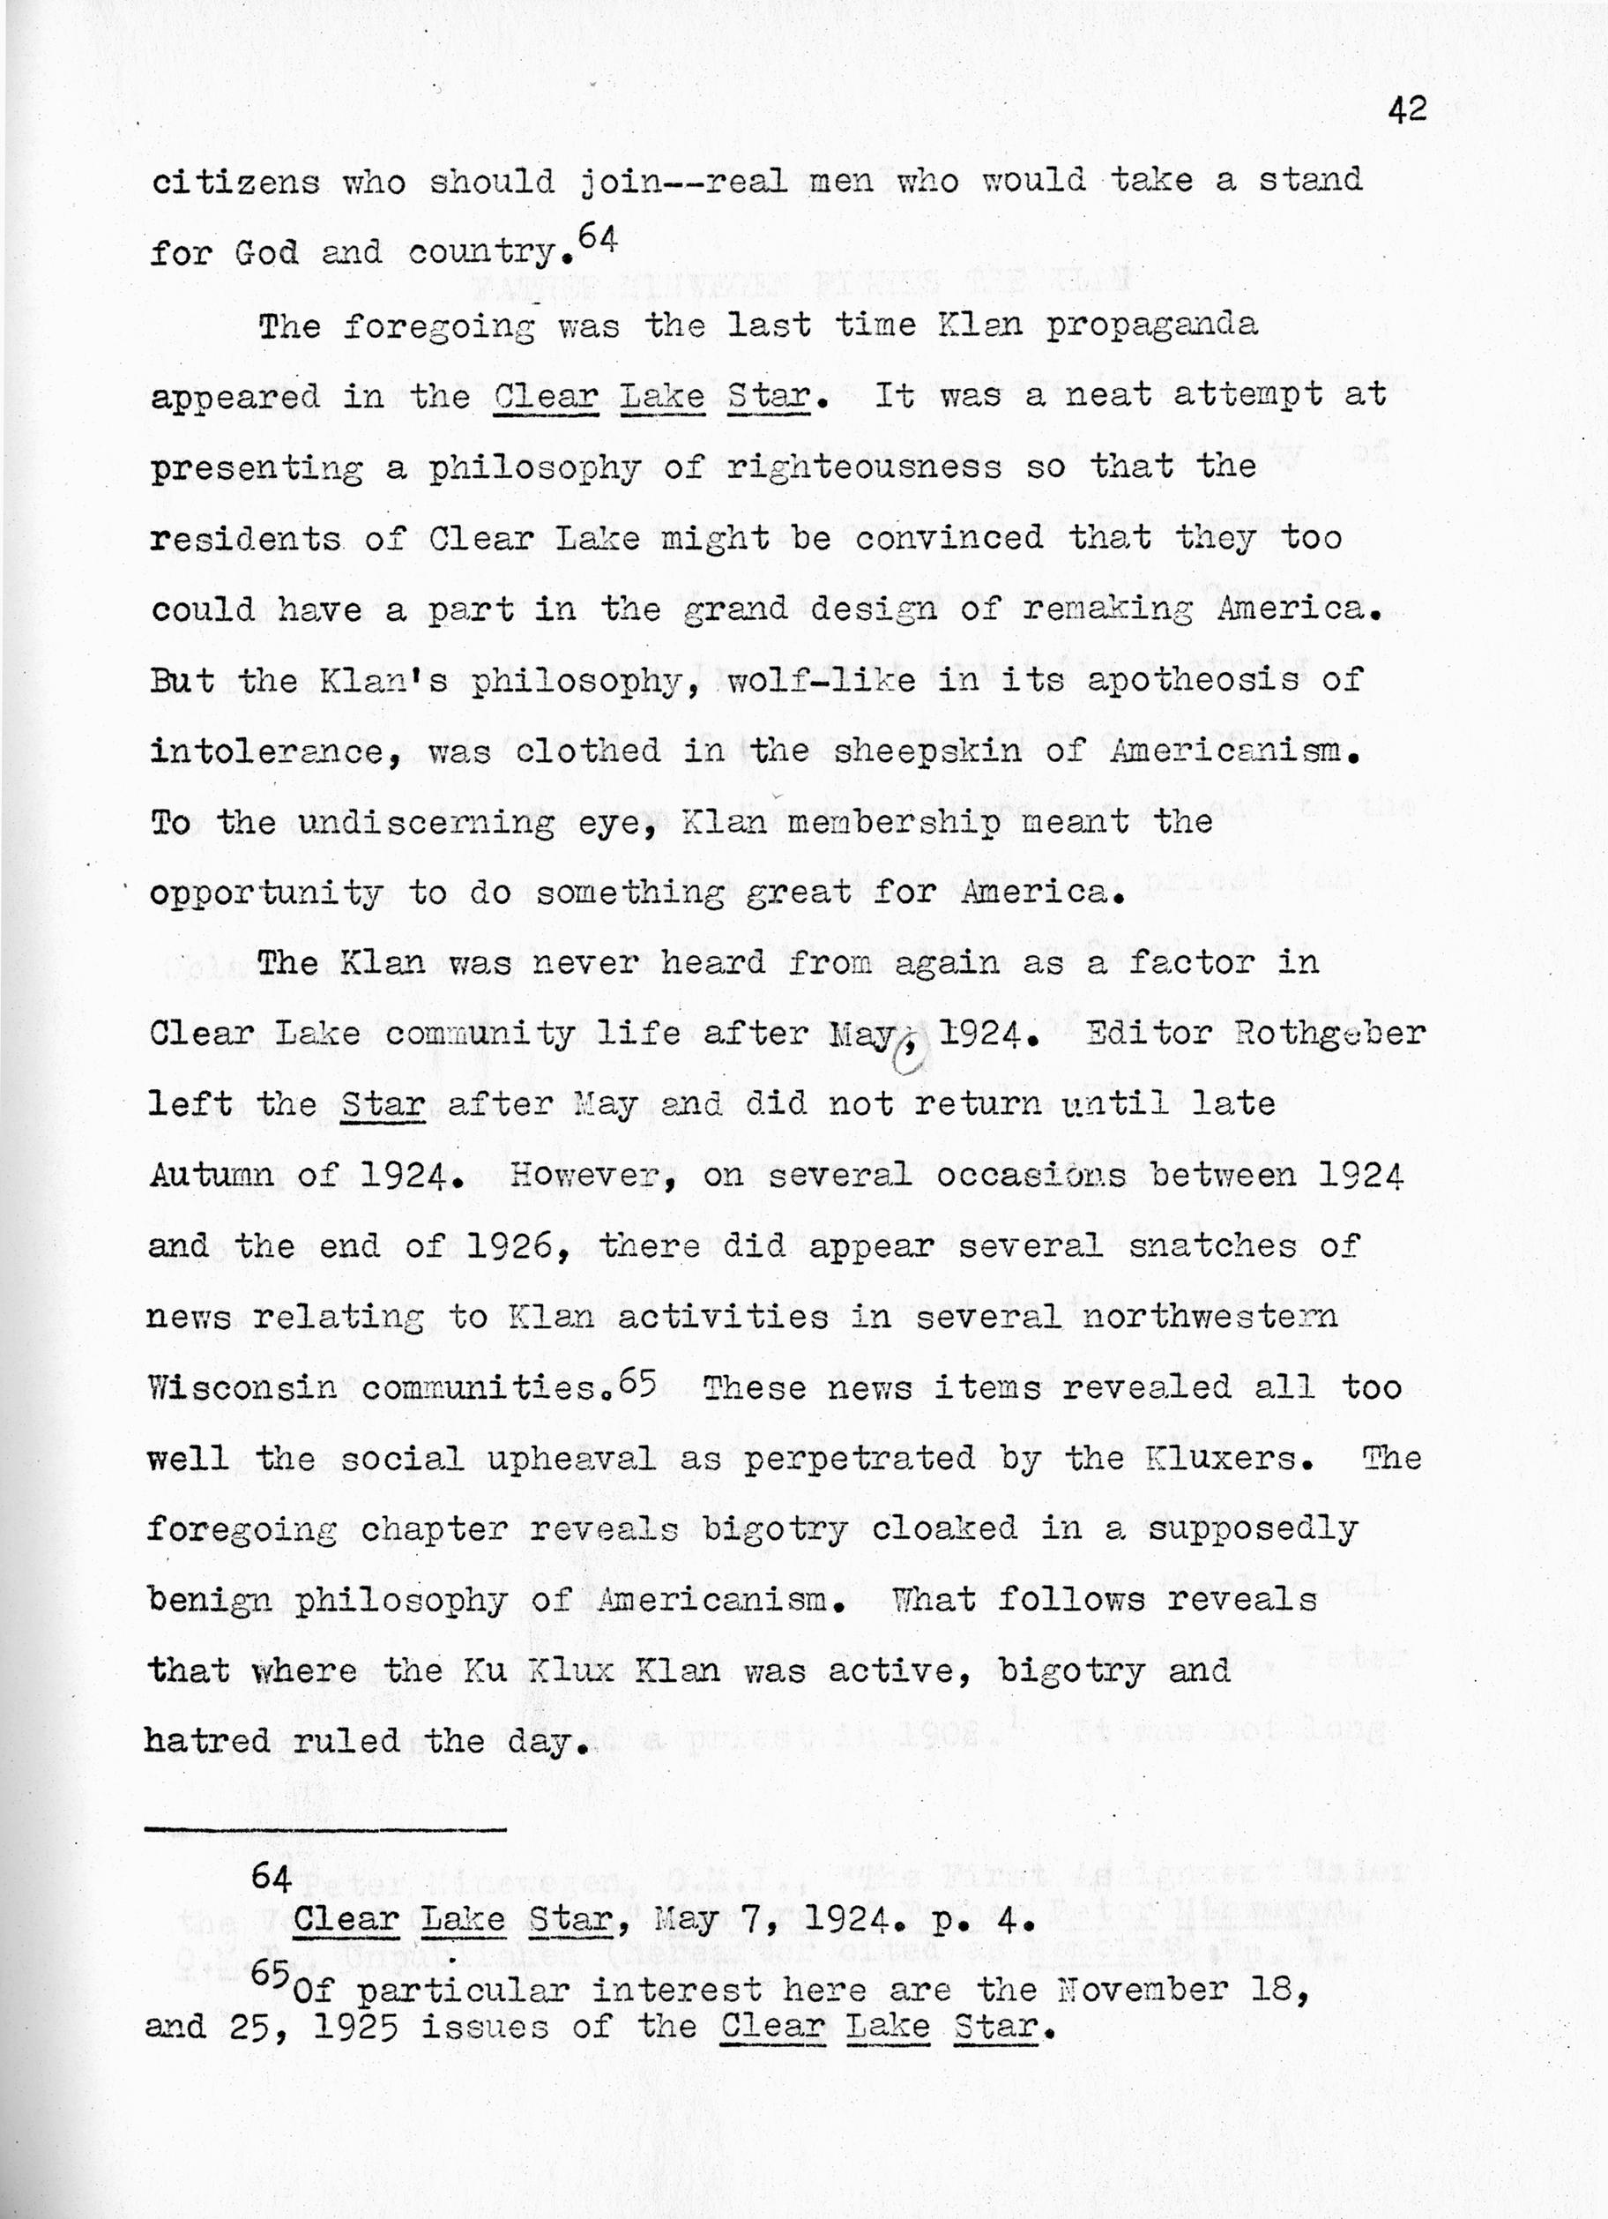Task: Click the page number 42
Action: pyautogui.click(x=1406, y=109)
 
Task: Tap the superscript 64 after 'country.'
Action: pyautogui.click(x=598, y=239)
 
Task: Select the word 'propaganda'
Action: pyautogui.click(x=1151, y=325)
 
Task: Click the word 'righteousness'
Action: pyautogui.click(x=864, y=467)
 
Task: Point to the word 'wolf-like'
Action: pyautogui.click(x=822, y=680)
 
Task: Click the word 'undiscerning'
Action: pyautogui.click(x=427, y=823)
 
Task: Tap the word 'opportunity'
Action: pyautogui.click(x=265, y=894)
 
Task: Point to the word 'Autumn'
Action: pyautogui.click(x=211, y=1174)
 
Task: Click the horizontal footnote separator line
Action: pyautogui.click(x=325, y=1828)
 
